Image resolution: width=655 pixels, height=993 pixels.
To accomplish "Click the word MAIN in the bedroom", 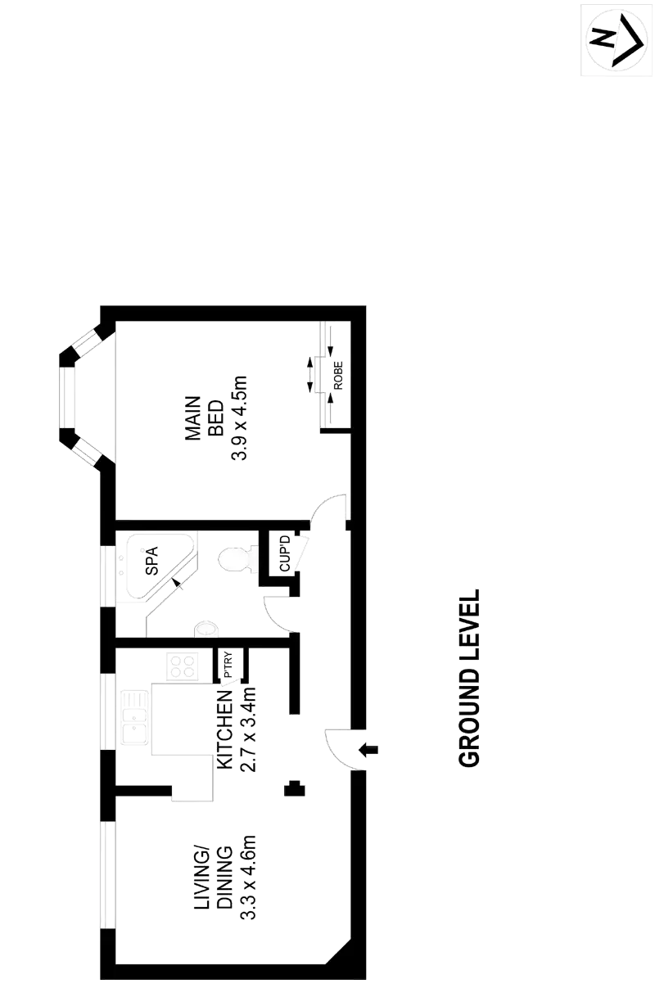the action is [194, 419].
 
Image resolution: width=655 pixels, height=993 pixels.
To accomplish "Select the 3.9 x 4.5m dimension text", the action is [239, 419].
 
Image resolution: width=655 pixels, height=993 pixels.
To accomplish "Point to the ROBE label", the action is [337, 375].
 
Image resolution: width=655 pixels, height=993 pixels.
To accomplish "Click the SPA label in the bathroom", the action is [151, 560].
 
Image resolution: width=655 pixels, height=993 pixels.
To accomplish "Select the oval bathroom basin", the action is [206, 629].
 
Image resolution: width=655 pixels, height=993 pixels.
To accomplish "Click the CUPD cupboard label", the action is [284, 553].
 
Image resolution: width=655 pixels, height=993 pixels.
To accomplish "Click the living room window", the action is [108, 873].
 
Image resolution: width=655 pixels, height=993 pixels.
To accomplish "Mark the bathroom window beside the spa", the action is [107, 575].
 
